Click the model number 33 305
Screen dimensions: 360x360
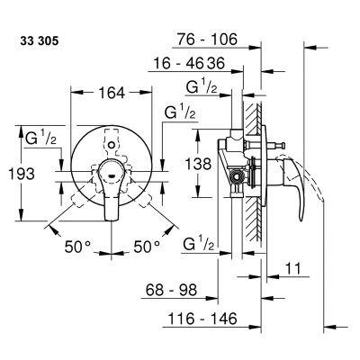pos(40,40)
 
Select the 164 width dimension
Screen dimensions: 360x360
pos(112,93)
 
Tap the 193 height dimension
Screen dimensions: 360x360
pos(22,174)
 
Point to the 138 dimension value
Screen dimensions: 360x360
pos(198,164)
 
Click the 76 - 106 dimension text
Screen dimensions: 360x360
pos(207,40)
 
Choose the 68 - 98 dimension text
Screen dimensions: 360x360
pos(171,290)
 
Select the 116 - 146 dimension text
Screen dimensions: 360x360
pos(202,318)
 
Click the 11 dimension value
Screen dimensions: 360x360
pos(292,268)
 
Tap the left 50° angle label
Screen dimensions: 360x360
pos(77,247)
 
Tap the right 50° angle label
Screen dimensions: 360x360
pos(147,247)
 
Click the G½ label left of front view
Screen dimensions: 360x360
pos(40,138)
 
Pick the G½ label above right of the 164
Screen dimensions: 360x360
pos(180,112)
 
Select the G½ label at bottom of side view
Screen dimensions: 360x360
pos(199,244)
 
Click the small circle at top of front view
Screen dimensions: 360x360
pos(112,145)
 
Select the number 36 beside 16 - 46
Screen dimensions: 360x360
pos(214,63)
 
